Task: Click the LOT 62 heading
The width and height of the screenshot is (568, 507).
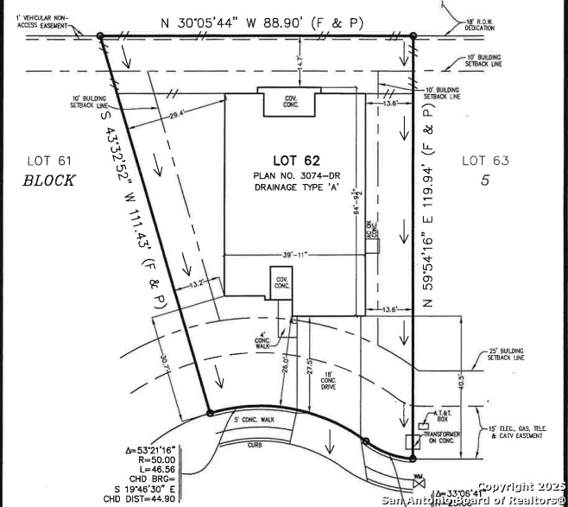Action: (x=296, y=160)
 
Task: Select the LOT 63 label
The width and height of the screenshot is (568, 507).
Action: (x=485, y=160)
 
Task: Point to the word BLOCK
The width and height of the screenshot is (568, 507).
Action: (x=49, y=181)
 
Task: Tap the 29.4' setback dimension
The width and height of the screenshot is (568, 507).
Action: (x=178, y=115)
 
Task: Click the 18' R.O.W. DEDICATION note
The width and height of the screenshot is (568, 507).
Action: (x=481, y=26)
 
